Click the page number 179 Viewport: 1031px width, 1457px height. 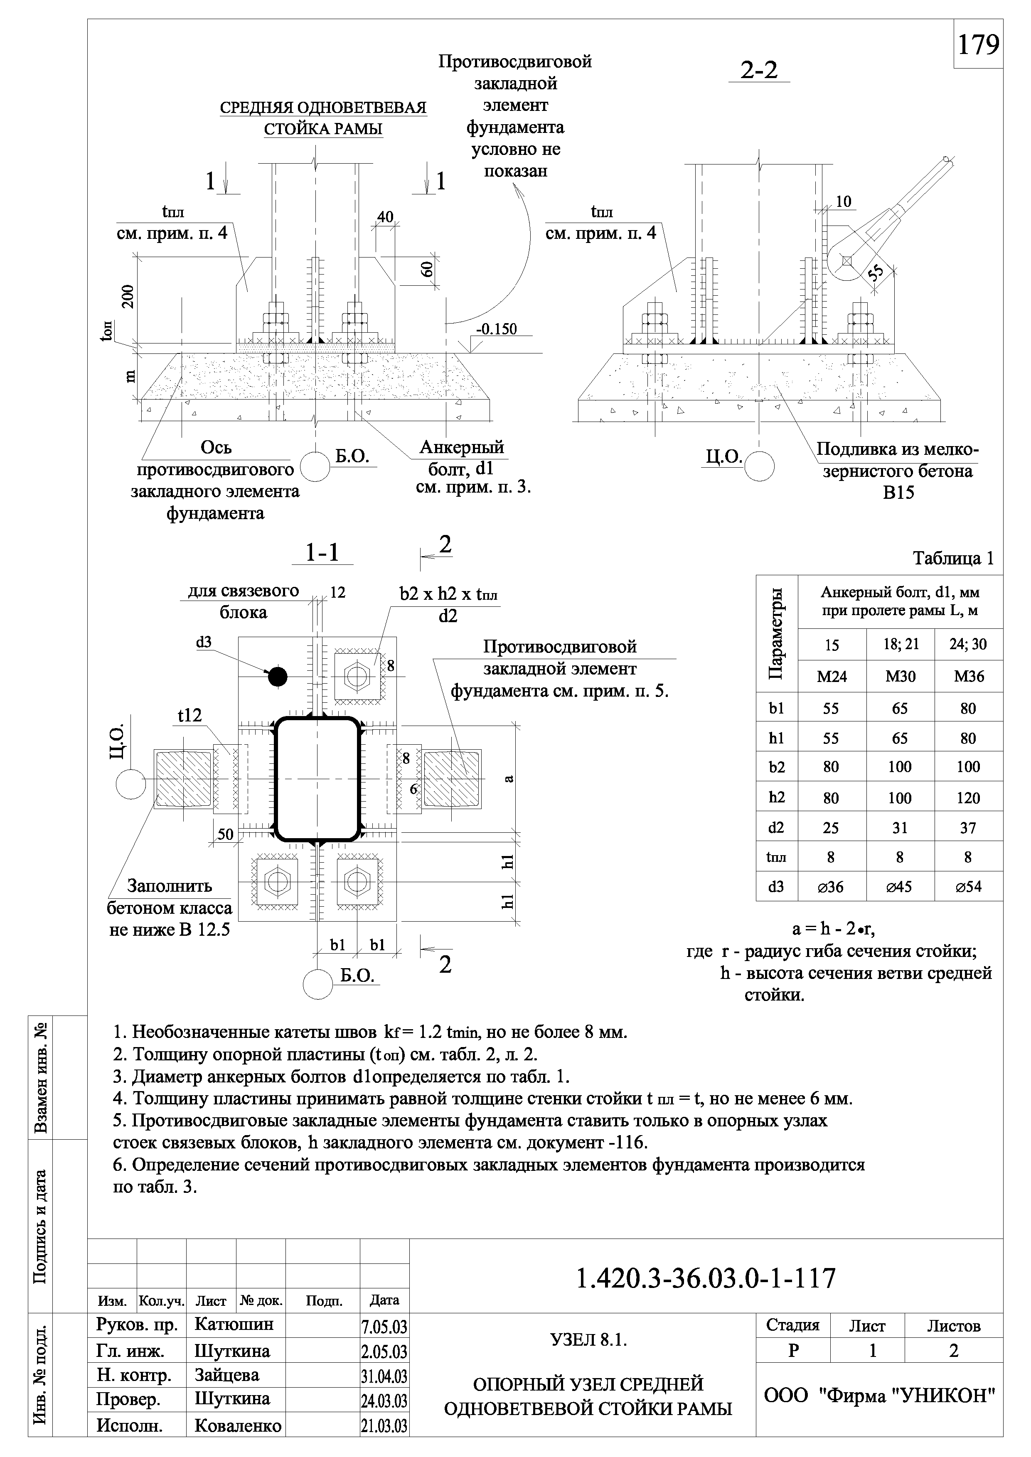978,44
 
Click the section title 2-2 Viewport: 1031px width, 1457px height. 759,70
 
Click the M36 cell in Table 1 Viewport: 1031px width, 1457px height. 968,677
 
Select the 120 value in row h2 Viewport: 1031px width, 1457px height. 968,798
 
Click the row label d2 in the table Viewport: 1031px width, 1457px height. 776,827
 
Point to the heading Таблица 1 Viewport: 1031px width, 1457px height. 953,559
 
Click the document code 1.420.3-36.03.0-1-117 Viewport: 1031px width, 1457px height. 706,1279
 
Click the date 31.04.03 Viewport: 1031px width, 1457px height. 384,1376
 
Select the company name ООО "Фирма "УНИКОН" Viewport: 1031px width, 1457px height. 879,1396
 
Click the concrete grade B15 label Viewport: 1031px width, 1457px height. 898,493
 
